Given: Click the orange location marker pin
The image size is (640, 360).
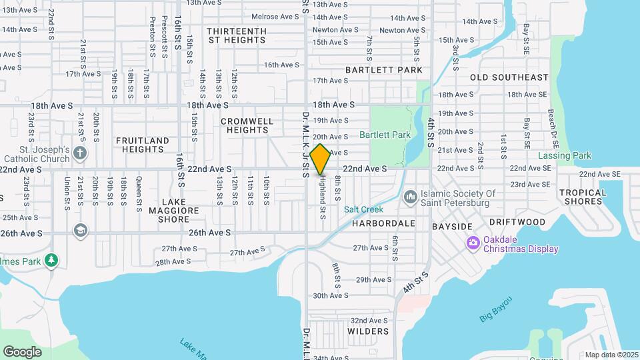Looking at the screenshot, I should click(x=321, y=159).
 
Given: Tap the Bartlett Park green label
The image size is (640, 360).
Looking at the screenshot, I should click(x=385, y=135).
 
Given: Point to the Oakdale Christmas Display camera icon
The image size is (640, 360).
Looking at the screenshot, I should click(x=473, y=242).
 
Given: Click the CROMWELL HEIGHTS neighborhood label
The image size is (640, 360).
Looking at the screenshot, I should click(x=247, y=125).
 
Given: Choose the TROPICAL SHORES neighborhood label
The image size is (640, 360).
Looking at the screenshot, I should click(x=583, y=197).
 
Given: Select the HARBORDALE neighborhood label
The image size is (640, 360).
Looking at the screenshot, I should click(x=380, y=223).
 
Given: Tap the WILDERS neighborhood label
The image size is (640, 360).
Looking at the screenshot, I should click(x=368, y=331).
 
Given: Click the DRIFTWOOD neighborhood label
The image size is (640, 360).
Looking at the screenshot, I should click(x=517, y=221).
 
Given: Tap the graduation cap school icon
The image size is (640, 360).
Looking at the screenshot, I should click(x=81, y=230).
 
